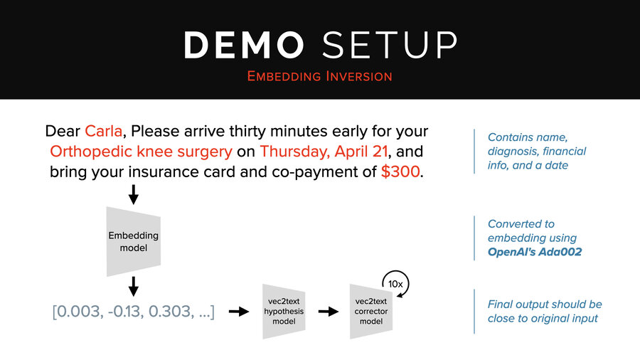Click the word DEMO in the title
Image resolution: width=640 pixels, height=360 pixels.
244,45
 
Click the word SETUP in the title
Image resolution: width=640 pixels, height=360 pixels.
389,45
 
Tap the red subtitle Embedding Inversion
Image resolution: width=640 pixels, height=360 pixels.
319,75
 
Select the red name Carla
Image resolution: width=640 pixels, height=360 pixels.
104,132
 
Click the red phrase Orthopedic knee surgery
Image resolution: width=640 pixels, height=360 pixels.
141,152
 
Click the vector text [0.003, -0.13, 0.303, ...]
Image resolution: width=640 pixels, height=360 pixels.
133,311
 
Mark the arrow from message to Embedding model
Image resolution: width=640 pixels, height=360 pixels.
133,194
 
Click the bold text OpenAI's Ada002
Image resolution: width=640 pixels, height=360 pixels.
533,252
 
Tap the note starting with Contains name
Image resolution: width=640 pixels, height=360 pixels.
537,151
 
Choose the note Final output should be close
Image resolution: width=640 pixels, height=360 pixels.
545,311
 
